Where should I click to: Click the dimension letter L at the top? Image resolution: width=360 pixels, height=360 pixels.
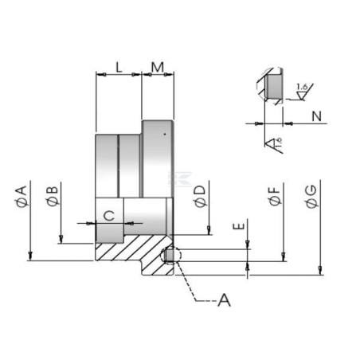(119, 68)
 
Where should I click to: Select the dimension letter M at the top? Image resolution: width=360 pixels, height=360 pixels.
(158, 68)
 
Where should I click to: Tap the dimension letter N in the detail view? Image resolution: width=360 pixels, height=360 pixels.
(316, 116)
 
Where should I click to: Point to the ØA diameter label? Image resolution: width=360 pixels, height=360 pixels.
(22, 196)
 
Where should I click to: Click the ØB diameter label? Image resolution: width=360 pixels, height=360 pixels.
(53, 196)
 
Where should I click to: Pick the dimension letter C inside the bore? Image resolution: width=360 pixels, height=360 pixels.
(109, 216)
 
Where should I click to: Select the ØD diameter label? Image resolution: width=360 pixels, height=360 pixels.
(200, 196)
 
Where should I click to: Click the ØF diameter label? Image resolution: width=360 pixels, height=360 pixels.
(275, 196)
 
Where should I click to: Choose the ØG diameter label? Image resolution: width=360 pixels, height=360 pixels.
(311, 196)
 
